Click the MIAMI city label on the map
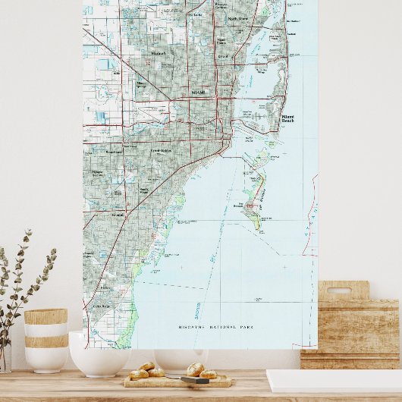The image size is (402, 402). (x=198, y=93)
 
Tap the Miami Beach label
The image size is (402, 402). (x=287, y=119)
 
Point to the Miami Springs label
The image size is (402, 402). (x=141, y=84)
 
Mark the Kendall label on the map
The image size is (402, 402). (x=118, y=215)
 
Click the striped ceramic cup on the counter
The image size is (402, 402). (x=46, y=340)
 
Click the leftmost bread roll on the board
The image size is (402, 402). (x=138, y=374)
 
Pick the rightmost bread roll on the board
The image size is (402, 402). (x=207, y=374)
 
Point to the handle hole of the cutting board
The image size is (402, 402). (x=338, y=291)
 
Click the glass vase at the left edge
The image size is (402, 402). (x=5, y=356)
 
